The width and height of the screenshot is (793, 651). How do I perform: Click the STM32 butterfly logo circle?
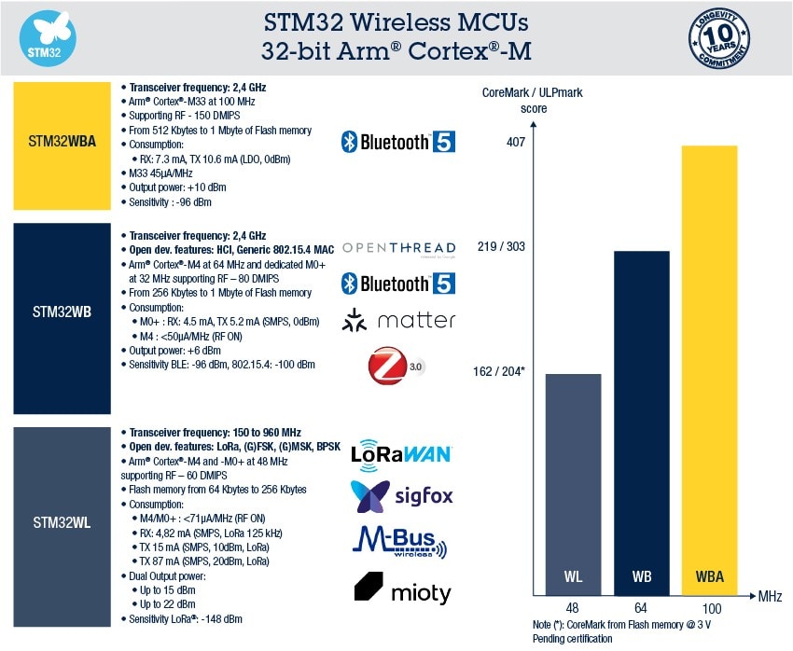47,37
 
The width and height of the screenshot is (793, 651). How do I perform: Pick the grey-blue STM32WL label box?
61,521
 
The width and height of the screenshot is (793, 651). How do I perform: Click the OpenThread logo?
398,248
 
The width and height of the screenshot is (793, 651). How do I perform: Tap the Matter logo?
398,320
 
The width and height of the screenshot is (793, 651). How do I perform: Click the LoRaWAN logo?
401,453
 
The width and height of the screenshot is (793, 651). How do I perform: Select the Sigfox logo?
401,494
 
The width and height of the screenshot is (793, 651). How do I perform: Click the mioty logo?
401,589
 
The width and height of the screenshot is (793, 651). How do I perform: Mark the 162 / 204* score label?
499,370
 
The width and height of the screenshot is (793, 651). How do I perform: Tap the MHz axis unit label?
770,595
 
